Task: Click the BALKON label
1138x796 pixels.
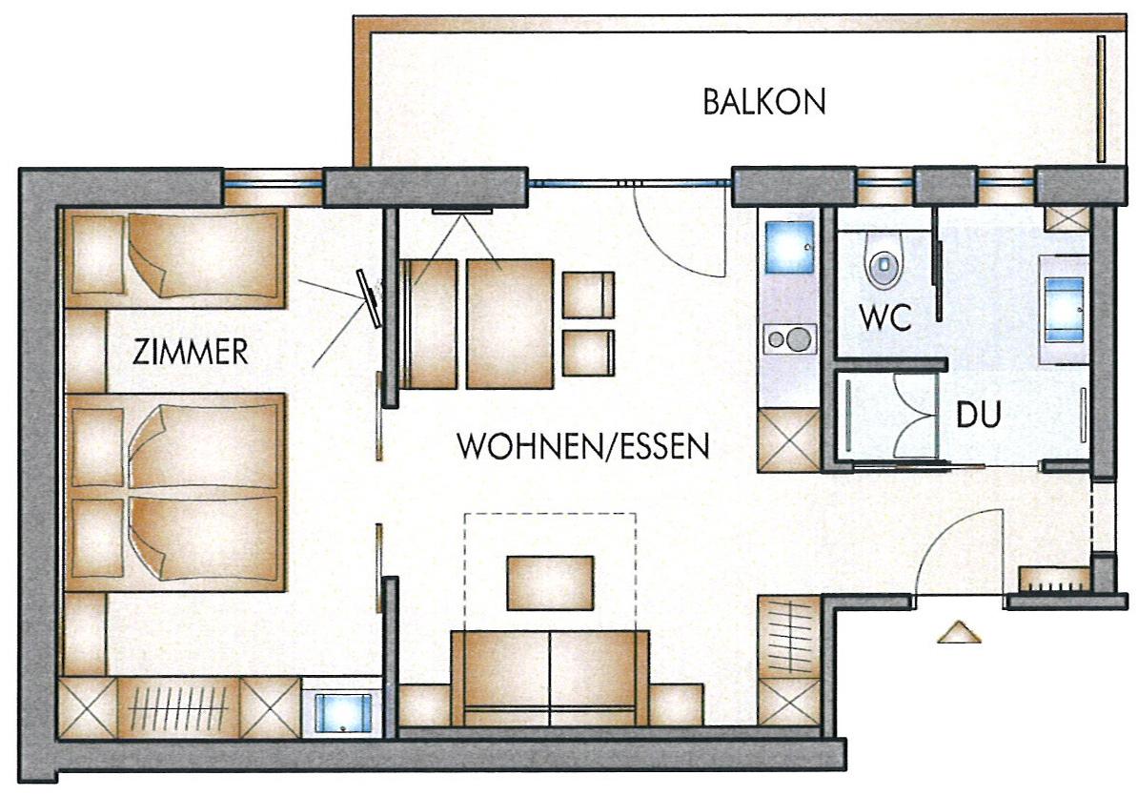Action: (764, 102)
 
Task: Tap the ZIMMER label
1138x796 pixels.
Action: (191, 352)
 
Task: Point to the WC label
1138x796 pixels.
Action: (884, 317)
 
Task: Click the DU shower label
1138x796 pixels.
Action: (978, 414)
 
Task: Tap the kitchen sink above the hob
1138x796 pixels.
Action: (789, 247)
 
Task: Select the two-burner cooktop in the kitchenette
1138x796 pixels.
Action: (789, 338)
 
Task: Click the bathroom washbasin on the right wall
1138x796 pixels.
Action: (1064, 308)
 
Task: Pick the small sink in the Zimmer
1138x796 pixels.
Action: (343, 712)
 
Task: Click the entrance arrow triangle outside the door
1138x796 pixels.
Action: (959, 632)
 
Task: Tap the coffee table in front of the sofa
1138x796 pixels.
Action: (550, 582)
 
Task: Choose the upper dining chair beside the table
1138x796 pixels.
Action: (589, 295)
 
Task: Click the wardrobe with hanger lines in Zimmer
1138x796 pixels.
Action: (178, 707)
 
